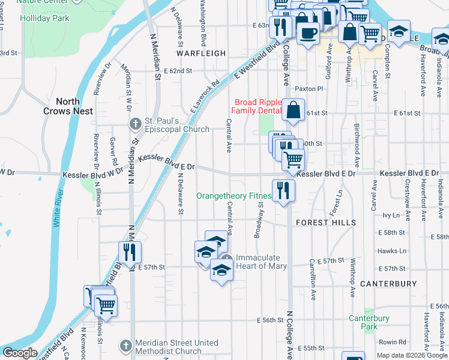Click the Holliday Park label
click(x=44, y=19)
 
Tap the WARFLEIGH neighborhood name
click(x=202, y=53)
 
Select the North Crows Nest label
click(x=68, y=107)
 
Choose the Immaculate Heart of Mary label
click(x=261, y=262)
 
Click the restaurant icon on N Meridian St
click(x=130, y=252)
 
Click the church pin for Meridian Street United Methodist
click(x=125, y=346)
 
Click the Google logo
click(x=20, y=353)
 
